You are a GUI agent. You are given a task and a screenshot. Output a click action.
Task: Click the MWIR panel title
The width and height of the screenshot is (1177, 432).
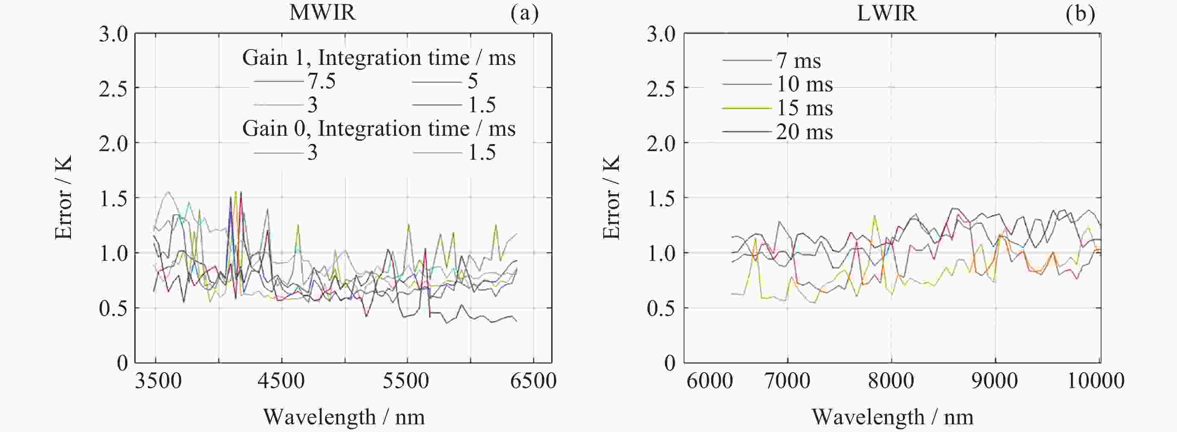click(x=322, y=12)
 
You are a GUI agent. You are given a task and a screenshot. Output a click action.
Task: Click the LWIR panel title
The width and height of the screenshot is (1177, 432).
click(x=887, y=13)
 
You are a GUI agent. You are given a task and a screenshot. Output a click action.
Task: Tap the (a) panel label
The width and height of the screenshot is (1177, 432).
click(x=524, y=13)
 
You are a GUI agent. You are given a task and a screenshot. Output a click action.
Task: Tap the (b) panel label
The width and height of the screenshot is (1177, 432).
click(x=1080, y=13)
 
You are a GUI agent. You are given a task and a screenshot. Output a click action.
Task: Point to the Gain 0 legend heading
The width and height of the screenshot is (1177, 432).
click(x=379, y=129)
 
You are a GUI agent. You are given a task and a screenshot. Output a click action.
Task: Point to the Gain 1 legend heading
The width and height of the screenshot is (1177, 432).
click(x=379, y=58)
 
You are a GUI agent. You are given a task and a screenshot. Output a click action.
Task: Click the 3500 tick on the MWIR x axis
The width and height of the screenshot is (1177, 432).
click(x=158, y=380)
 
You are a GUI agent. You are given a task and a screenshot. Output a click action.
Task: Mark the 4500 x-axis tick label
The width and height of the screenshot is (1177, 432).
click(x=281, y=380)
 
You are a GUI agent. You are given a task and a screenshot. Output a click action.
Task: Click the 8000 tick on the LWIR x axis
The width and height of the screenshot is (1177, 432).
click(x=891, y=380)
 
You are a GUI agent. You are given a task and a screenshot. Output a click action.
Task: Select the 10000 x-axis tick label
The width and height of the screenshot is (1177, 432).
click(x=1095, y=380)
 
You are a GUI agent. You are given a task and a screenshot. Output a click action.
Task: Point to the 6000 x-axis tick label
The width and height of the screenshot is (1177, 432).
click(x=710, y=380)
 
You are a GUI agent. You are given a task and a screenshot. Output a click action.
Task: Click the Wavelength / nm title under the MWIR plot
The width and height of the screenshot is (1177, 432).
click(x=344, y=417)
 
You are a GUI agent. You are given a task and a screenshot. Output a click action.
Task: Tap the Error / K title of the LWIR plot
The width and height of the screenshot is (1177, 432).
click(x=611, y=197)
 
